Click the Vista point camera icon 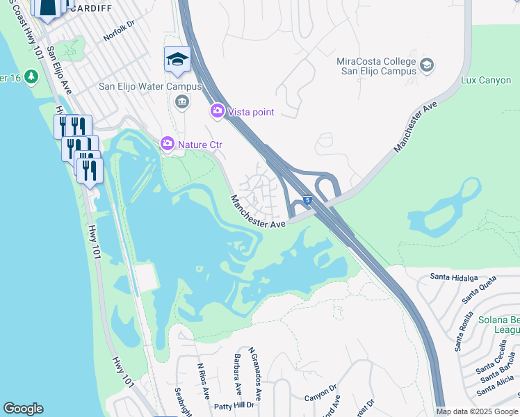217,111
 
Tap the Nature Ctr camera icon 167,143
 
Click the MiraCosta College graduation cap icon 427,66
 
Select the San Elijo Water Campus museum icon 181,103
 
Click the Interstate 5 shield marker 307,200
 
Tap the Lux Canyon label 486,80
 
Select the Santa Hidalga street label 454,277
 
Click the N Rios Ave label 203,381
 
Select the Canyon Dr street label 320,398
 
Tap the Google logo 23,409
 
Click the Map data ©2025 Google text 477,411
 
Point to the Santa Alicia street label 498,389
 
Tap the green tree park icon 31,76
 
